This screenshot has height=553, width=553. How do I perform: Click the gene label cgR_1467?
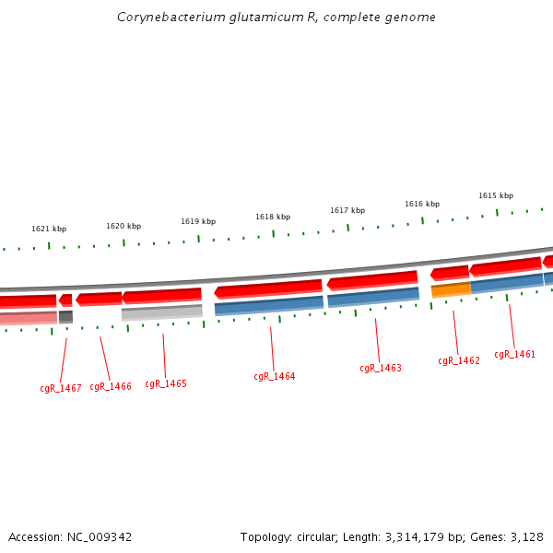coord(60,388)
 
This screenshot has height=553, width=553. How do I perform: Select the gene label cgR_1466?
coord(111,386)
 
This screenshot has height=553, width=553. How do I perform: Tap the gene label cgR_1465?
coord(166,383)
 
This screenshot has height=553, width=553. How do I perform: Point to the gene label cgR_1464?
coord(275,376)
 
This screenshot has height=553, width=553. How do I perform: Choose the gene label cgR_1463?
coord(381,368)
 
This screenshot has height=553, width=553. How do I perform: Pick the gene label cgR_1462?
coord(459,360)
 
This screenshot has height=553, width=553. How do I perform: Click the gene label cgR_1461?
coord(514,354)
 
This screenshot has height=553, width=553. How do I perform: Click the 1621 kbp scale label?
coord(49,229)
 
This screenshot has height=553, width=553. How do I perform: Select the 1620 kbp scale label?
coord(124,226)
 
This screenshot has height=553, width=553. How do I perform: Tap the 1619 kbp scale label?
coord(198,221)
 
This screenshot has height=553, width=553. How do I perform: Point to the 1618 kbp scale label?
coord(273,217)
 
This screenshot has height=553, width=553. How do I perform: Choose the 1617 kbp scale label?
coord(347,210)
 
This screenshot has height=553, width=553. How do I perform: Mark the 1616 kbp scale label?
coord(422,204)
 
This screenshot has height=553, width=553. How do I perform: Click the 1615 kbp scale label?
coord(496,195)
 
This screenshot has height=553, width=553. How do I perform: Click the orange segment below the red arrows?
coord(451,290)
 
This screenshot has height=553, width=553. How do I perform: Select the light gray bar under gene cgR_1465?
coord(162,312)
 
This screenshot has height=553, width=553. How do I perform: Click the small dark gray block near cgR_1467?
coord(65,317)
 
